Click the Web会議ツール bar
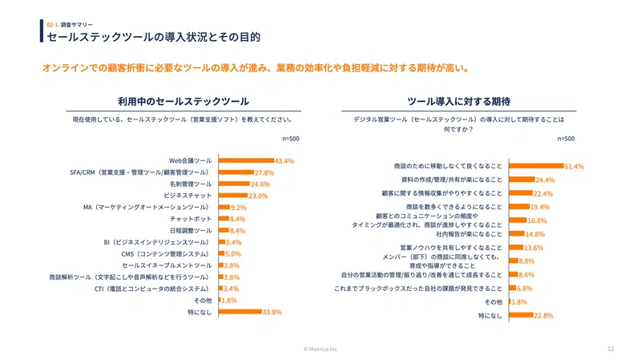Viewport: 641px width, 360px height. (246, 160)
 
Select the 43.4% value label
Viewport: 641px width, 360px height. (284, 161)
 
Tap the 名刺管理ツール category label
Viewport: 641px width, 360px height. (191, 184)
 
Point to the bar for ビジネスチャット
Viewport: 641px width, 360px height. (233, 196)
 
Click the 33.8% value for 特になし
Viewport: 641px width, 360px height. (272, 312)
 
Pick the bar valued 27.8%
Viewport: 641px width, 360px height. (236, 172)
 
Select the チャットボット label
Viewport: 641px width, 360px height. (191, 219)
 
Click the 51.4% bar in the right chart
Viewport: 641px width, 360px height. (536, 166)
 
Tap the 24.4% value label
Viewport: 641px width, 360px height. (546, 180)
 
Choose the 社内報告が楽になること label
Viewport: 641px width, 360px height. (469, 234)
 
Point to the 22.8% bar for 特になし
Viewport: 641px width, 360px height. (522, 315)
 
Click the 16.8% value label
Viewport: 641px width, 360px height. (537, 220)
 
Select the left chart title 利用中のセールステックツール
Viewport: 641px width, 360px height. (183, 102)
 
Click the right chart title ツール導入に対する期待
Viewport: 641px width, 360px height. (458, 102)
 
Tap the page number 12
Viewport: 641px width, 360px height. (611, 349)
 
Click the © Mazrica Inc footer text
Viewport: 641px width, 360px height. (320, 349)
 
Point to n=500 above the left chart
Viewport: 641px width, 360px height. (291, 139)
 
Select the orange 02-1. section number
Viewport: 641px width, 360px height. (53, 25)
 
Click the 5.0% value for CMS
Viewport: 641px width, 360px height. (233, 254)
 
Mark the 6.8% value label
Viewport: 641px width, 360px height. (525, 289)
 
